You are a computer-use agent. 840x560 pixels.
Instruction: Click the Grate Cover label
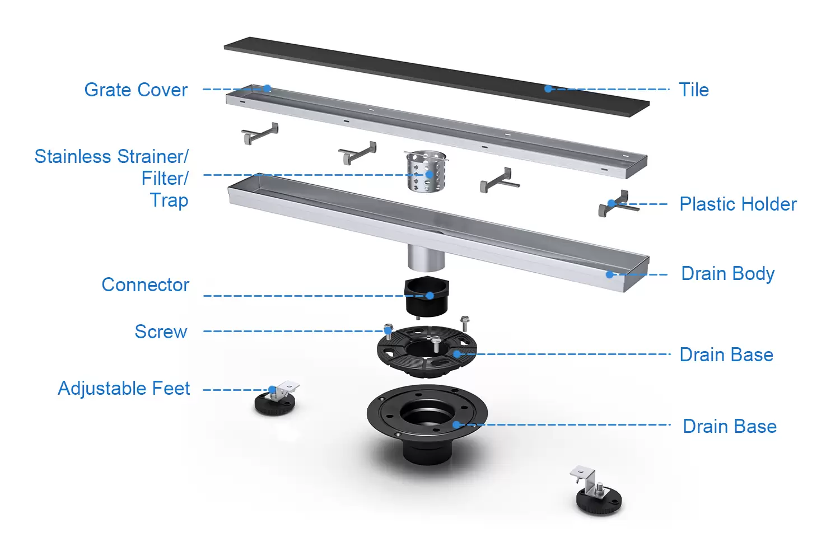coord(136,90)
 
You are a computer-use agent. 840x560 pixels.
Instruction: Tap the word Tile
coord(694,90)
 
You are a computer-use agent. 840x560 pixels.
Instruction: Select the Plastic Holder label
coord(738,204)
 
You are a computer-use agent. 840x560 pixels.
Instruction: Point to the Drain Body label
coord(727,274)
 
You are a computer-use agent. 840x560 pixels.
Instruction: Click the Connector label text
coord(146,284)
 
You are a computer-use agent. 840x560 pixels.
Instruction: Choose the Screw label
coord(161,332)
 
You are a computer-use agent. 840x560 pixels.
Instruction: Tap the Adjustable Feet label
coord(124,388)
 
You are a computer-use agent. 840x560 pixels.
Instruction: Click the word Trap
coord(169,200)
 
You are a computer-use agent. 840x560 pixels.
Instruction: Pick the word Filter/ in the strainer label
coord(165,178)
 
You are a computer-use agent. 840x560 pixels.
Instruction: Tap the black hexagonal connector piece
coord(426,296)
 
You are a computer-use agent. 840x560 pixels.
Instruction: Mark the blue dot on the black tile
coord(548,88)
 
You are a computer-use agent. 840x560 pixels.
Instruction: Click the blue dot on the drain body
coord(609,274)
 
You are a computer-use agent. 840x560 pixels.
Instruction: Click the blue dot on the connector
coord(430,296)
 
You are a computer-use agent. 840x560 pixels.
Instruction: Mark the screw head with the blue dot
coord(388,330)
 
